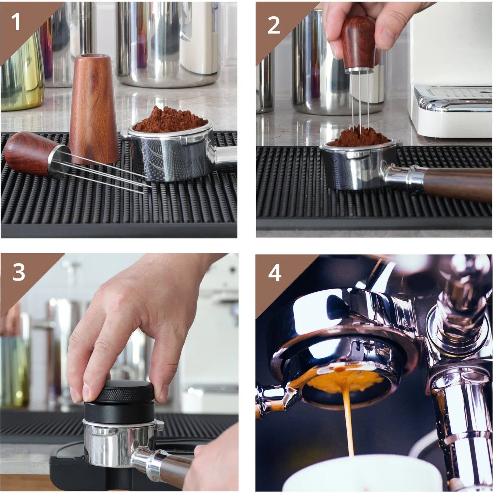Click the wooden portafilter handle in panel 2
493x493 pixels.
pos(457,184)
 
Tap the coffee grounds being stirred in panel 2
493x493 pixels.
pos(358,136)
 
